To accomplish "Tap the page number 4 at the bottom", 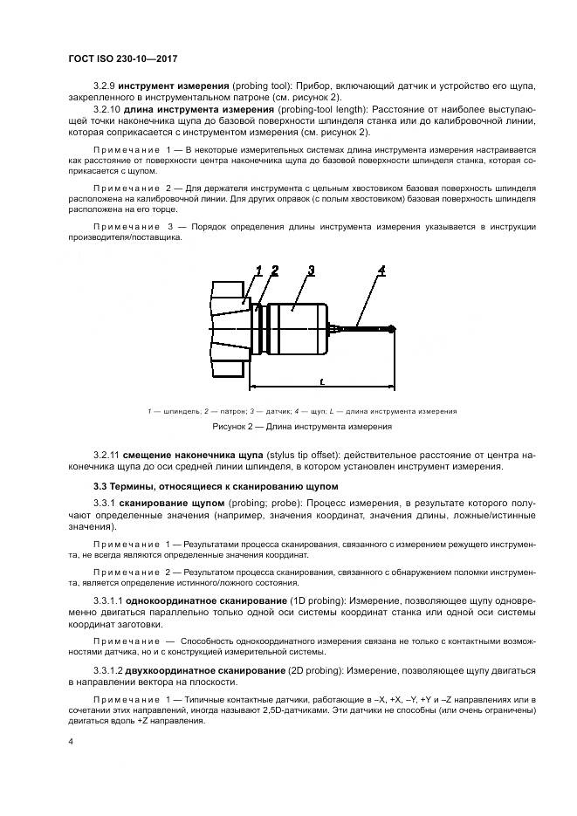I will [70, 742].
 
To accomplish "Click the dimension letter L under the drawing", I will [322, 382].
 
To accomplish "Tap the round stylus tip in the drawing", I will [393, 329].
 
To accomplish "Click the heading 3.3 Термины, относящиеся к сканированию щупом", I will [214, 485].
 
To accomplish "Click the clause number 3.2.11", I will [107, 456].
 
